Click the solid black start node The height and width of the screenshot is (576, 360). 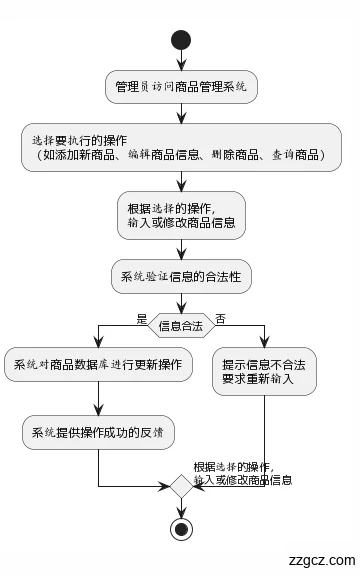pos(181,40)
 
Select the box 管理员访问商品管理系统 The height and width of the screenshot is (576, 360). pos(181,87)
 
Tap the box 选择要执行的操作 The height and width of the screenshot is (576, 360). pos(181,147)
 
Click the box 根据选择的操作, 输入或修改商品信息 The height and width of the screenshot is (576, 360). pos(181,215)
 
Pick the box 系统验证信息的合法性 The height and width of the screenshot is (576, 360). pos(181,276)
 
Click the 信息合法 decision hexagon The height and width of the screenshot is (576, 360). pos(181,325)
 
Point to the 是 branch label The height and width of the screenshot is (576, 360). pos(141,318)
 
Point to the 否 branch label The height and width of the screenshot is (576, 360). pos(220,318)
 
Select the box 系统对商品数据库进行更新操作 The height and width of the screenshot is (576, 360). pos(98,365)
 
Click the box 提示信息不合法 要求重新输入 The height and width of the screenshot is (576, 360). pos(264,372)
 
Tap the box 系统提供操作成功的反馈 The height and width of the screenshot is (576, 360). pos(98,433)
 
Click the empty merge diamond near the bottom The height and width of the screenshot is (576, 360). pos(181,487)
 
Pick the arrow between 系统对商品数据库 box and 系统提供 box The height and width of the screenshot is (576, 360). pos(98,399)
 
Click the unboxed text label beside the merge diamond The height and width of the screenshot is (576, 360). pos(242,474)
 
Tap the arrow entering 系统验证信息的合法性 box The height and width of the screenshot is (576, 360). pos(181,250)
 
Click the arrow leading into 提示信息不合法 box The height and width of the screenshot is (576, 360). pos(264,335)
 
